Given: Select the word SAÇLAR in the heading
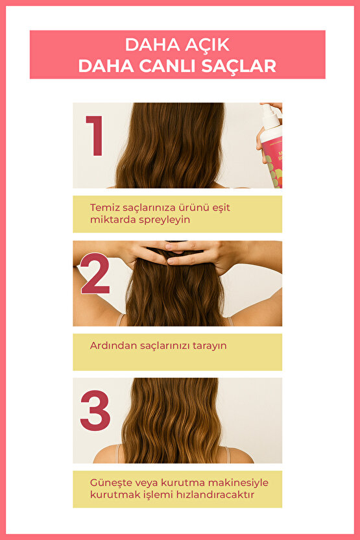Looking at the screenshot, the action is (239, 66).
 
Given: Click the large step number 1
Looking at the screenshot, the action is (95, 136).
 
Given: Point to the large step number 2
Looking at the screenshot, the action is (95, 273).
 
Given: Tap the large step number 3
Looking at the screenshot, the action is (95, 410).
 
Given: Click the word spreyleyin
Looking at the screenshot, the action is (165, 220).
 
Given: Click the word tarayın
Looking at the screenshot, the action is (210, 346).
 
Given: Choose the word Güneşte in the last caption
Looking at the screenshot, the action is (110, 483).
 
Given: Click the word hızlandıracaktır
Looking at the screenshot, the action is (215, 495).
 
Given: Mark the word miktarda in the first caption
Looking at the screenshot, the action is (113, 220).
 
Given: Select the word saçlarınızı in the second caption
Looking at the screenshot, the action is (165, 346).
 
